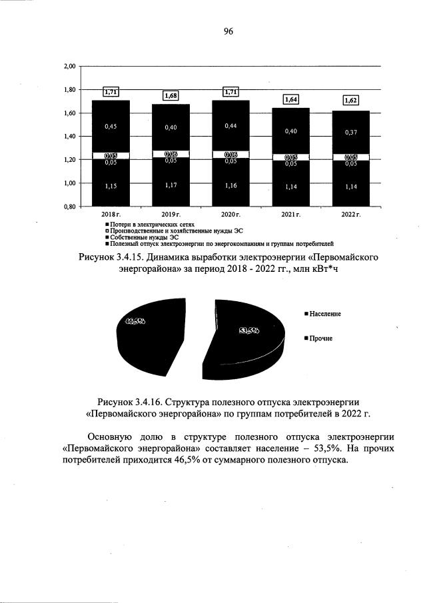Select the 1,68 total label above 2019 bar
point(171,96)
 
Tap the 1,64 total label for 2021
point(290,100)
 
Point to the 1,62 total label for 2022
point(350,101)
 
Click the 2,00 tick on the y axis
point(70,66)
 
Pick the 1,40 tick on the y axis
point(70,137)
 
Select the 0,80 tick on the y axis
point(70,207)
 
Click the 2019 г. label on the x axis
point(171,215)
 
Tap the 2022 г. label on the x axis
point(350,215)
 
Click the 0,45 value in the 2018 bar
point(111,125)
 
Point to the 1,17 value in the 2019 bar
point(171,185)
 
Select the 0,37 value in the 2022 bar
point(350,133)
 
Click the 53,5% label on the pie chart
point(248,330)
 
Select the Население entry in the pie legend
point(325,313)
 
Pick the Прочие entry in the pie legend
point(320,338)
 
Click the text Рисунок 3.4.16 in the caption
point(133,401)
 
